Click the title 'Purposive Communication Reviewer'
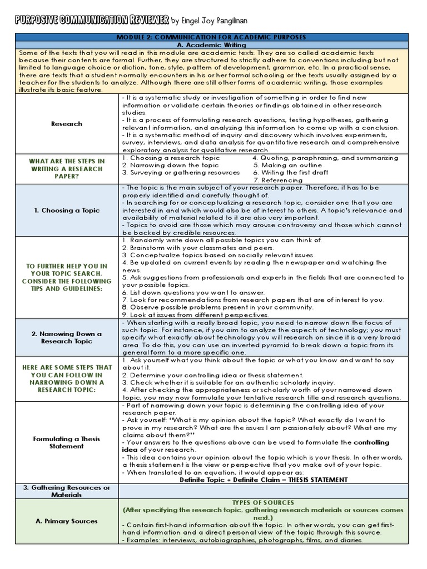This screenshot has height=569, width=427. coord(92,20)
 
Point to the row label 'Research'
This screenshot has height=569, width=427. coord(67,124)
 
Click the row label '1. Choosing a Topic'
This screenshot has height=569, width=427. coord(67,211)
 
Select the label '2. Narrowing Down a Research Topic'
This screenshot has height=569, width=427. coord(67,337)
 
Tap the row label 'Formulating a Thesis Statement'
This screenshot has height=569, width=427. coord(67,442)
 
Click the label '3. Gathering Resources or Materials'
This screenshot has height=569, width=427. coord(67,491)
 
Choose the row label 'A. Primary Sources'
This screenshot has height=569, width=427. coord(67,521)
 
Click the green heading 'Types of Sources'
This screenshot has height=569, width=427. coord(262,502)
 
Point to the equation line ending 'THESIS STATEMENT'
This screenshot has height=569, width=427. coord(264,480)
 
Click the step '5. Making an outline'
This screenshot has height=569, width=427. coord(287,165)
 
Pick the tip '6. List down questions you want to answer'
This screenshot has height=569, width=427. coord(192,292)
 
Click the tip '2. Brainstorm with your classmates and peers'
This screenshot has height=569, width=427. coord(197,247)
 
